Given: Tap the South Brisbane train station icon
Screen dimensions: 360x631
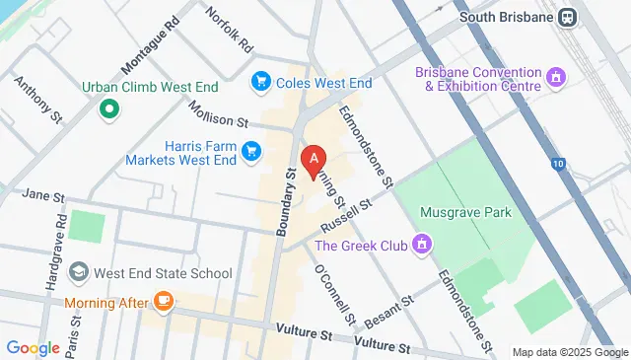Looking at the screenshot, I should pos(568,17).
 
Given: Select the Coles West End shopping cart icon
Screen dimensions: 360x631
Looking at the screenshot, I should pos(262,80).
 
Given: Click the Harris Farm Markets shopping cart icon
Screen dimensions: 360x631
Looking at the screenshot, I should pos(251,151).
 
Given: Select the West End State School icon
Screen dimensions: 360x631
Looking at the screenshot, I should pos(78,272).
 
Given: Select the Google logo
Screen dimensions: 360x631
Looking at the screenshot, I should pos(34,347).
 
